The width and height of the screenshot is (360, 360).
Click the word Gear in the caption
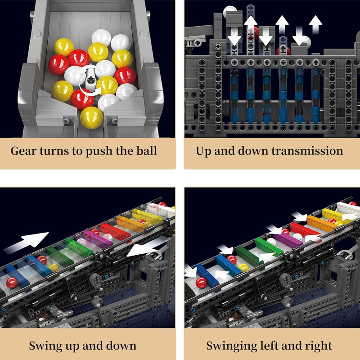(24, 151)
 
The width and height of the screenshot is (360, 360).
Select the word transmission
(307, 151)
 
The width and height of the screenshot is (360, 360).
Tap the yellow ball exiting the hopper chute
(91, 117)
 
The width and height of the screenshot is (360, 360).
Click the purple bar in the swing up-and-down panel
(97, 239)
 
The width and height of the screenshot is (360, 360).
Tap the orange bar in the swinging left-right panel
(322, 223)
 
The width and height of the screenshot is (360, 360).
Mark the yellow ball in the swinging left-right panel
(243, 267)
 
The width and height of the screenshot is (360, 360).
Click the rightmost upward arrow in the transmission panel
(315, 25)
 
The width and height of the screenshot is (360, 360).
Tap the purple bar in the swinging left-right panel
(288, 240)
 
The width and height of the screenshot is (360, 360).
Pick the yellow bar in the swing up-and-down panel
(147, 216)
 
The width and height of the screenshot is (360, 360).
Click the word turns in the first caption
(54, 151)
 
